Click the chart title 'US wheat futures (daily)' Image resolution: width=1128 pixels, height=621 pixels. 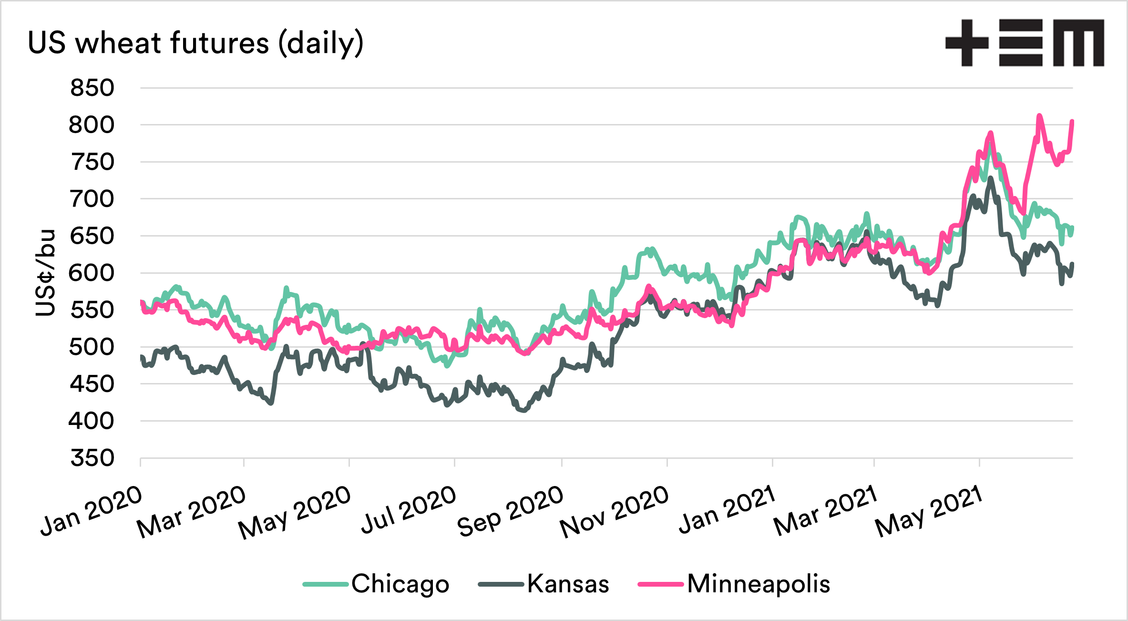[195, 43]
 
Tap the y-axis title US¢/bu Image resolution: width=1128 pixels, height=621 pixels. [45, 273]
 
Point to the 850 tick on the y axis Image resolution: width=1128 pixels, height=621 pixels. [92, 88]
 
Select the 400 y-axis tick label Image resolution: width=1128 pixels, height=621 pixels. [92, 421]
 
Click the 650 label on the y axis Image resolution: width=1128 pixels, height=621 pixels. [92, 236]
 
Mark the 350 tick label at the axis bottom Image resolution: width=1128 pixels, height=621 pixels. [92, 458]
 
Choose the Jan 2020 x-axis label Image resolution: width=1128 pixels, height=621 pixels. [91, 510]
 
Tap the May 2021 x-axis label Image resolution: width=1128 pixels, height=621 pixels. [929, 511]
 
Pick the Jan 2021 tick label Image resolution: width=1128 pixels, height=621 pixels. [727, 509]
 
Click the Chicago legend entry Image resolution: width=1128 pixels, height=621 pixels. [400, 584]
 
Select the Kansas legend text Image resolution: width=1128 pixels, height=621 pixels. [568, 584]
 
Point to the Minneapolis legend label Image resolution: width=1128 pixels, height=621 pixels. [759, 584]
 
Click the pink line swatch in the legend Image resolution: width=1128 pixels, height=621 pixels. [660, 584]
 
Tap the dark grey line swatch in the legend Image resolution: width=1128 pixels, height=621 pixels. [501, 584]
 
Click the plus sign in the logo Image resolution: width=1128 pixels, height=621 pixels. [967, 43]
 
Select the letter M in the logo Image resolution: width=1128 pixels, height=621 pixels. [1078, 43]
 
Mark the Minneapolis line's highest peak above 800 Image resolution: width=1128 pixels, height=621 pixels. [1039, 115]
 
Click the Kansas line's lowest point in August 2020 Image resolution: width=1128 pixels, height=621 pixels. [524, 410]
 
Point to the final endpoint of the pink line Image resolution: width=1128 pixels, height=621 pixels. [1072, 121]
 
